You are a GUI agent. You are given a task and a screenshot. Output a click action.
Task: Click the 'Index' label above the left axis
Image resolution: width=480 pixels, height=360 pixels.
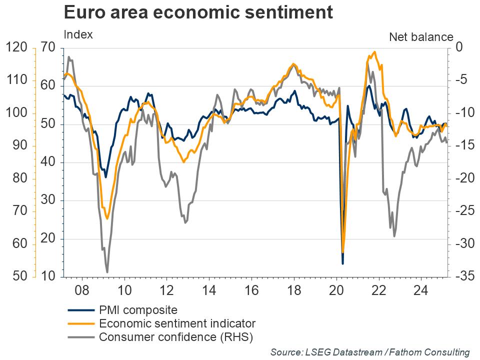pos(78,35)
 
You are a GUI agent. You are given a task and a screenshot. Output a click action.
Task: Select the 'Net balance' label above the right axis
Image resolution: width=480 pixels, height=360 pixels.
pos(421,37)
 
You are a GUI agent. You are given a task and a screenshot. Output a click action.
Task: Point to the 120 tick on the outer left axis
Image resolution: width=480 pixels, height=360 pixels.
pos(16,48)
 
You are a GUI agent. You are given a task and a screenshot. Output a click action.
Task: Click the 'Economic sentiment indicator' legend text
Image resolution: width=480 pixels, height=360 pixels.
pos(177,323)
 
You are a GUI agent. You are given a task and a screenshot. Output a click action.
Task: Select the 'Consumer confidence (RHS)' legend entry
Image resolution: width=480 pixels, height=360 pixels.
pos(176,337)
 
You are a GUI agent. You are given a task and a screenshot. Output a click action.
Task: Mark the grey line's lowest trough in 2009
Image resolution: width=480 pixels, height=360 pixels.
pos(107,272)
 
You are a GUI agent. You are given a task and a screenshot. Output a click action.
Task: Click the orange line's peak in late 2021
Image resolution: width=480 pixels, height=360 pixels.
pos(374,52)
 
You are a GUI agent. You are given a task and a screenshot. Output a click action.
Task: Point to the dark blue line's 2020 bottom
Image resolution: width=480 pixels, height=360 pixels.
pos(342,263)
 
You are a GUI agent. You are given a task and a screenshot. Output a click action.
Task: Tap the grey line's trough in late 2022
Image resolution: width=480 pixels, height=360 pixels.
pos(394,236)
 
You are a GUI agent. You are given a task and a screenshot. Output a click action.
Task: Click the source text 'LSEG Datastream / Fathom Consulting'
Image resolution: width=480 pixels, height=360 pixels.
pos(370,352)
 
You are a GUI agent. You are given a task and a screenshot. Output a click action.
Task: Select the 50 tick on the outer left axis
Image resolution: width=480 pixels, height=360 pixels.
pos(16,276)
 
